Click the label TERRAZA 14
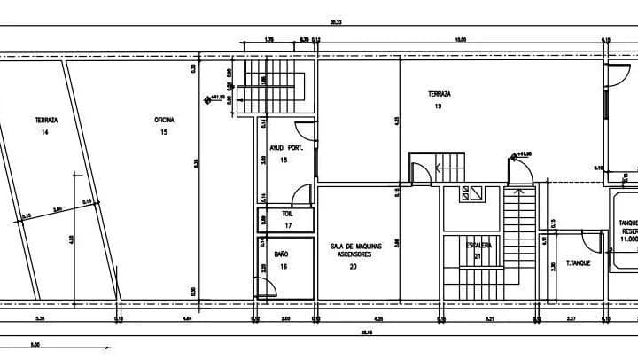pos(46,126)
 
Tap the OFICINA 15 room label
pos(164,126)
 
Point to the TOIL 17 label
pos(287,220)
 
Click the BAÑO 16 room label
pos(282,259)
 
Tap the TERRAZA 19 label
pos(440,99)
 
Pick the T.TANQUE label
pos(579,263)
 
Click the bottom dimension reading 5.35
pos(40,317)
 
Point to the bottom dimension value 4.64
pos(188,317)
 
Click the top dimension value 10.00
pos(461,39)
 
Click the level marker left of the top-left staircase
pos(208,98)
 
